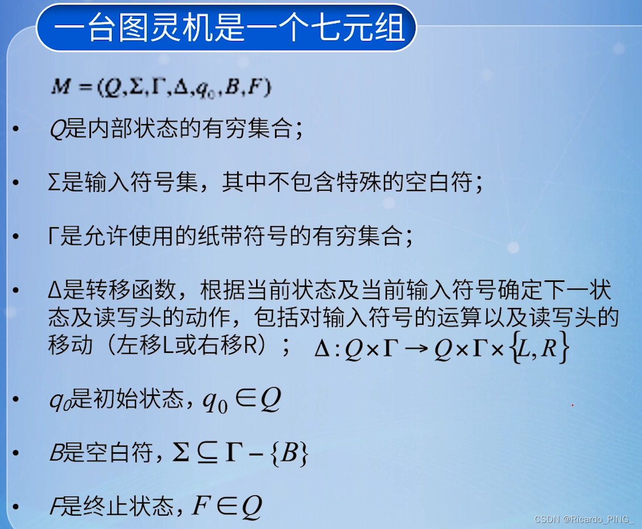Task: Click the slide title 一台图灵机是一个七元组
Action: [x=227, y=27]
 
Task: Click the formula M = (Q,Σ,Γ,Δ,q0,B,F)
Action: [x=161, y=87]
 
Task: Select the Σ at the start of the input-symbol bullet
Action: [x=54, y=183]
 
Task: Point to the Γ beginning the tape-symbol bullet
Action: [x=53, y=236]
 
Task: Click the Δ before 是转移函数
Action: [x=55, y=290]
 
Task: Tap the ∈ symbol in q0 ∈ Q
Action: [x=245, y=399]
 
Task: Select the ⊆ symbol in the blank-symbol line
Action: [x=207, y=453]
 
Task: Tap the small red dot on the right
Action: [x=572, y=405]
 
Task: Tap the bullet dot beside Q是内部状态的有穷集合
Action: [x=16, y=129]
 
